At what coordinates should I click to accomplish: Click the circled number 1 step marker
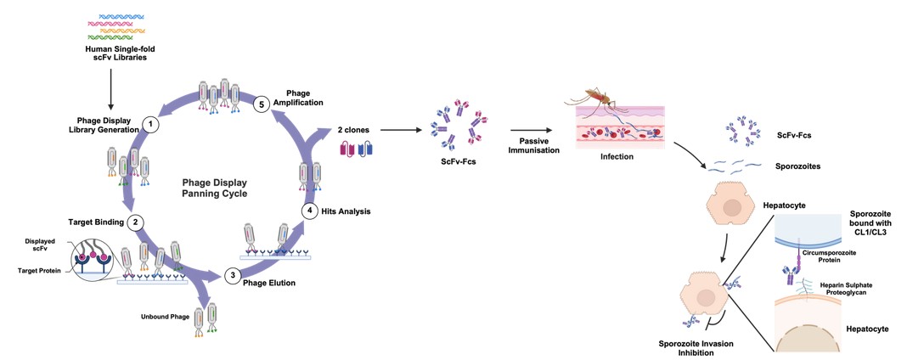(x=151, y=124)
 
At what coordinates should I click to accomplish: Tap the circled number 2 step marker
(x=135, y=222)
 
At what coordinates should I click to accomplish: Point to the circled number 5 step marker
(x=263, y=104)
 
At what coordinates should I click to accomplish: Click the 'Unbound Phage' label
(x=165, y=318)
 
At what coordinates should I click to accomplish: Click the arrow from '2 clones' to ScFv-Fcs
(x=402, y=131)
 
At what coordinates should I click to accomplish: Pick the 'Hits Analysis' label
(x=349, y=209)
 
